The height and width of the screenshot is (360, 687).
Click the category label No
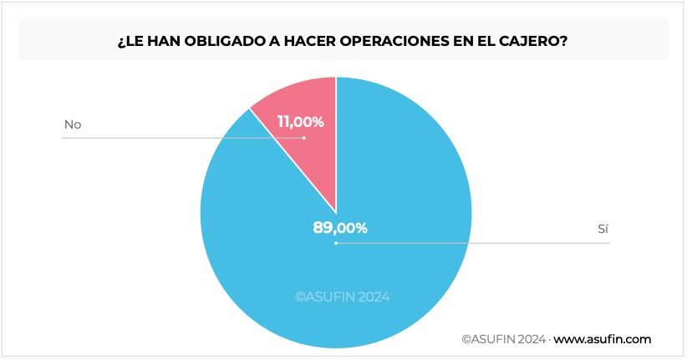[73, 125]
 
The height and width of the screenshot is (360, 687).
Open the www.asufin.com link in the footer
[602, 339]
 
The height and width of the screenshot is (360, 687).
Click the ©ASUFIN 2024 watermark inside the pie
[341, 296]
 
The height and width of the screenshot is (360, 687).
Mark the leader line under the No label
[167, 138]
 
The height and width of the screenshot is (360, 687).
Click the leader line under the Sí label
[501, 244]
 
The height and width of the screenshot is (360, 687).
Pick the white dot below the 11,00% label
[304, 138]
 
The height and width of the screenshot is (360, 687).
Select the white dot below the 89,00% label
[336, 244]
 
